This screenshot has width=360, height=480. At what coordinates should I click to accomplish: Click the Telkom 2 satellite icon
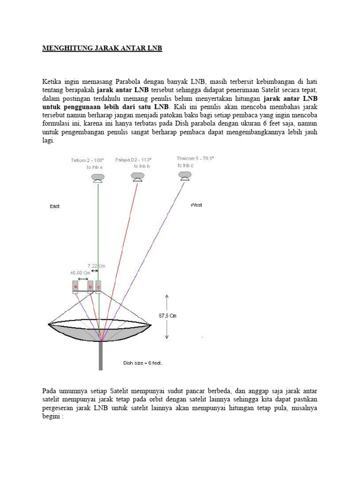[x=98, y=178]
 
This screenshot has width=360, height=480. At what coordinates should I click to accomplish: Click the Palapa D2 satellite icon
[x=137, y=177]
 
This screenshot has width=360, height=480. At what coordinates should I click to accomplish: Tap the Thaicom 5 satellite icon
[x=184, y=176]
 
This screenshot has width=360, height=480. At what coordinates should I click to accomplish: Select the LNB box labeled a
[x=75, y=286]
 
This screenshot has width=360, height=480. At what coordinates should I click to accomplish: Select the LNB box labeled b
[x=90, y=286]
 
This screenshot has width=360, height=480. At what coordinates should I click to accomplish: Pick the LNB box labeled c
[x=98, y=286]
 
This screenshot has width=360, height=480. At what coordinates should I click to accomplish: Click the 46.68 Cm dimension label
[x=80, y=272]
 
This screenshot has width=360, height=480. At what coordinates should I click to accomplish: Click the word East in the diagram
[x=55, y=205]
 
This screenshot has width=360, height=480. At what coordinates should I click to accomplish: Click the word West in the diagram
[x=196, y=205]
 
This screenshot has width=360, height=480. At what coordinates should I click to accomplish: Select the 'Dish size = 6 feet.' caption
[x=142, y=363]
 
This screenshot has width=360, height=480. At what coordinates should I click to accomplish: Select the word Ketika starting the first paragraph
[x=52, y=81]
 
